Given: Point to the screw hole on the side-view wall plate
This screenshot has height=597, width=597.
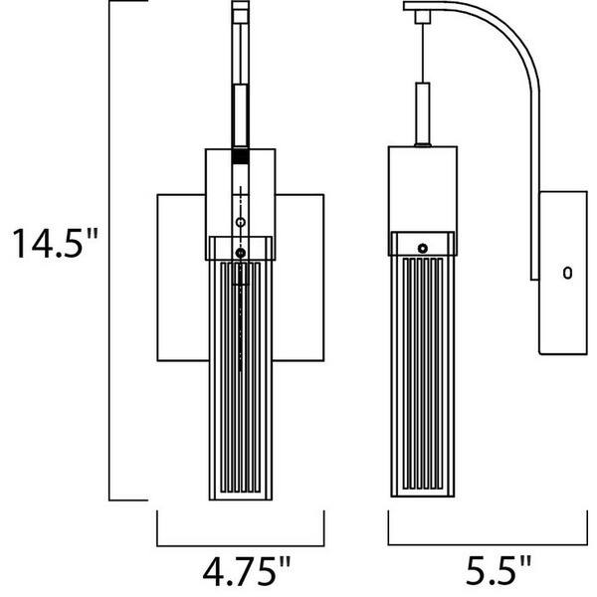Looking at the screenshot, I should coord(567,271).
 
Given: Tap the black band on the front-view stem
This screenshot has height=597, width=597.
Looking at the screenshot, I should coord(240,156).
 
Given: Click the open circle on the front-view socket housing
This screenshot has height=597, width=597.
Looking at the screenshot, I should coord(240,220).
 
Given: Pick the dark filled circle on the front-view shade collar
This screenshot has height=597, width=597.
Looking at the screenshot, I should coord(240,253).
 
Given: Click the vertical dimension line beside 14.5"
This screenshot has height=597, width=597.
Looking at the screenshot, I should coord(108,249).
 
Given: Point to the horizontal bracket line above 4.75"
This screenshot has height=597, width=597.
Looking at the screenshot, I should coord(240,544).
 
